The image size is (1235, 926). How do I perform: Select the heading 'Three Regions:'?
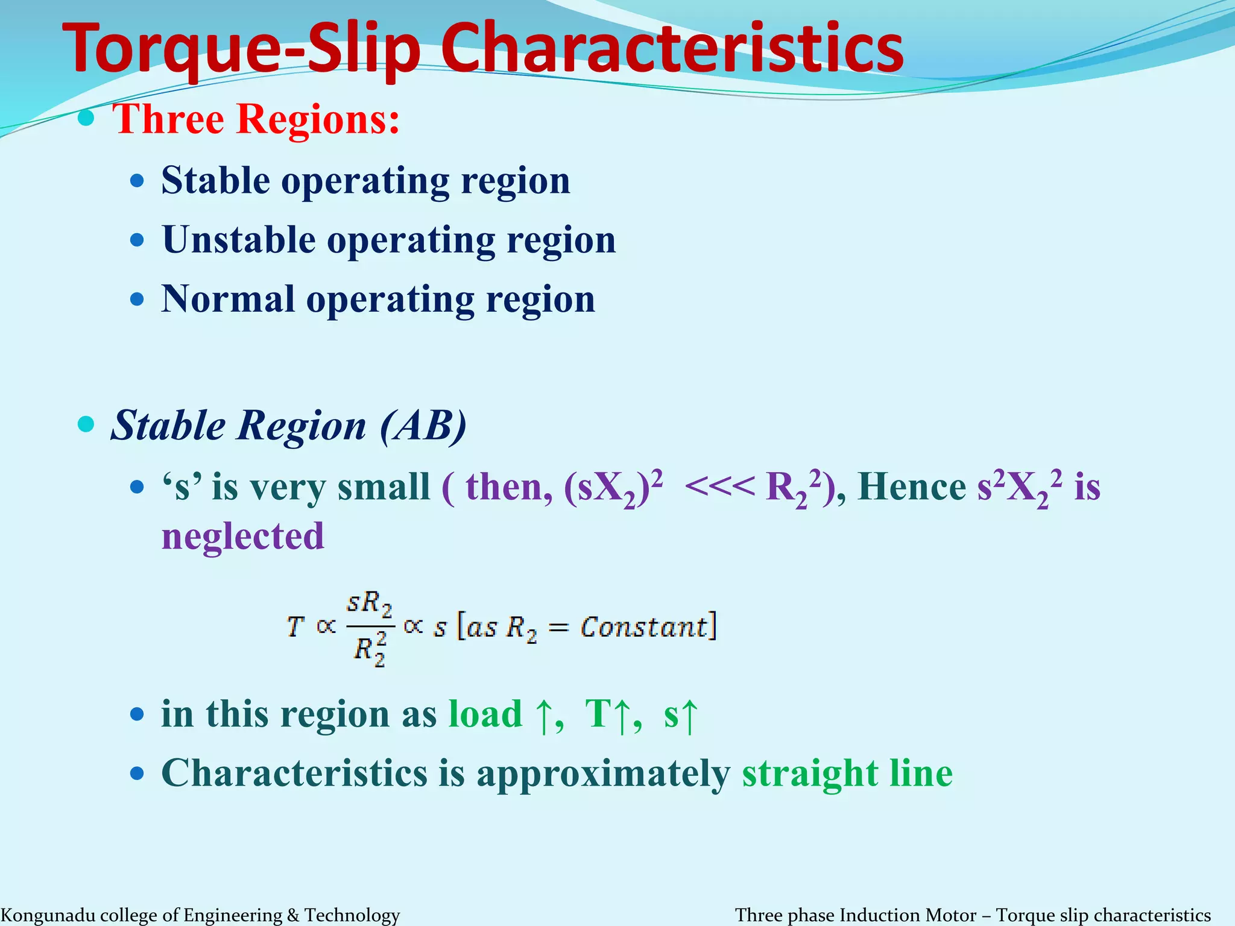[256, 119]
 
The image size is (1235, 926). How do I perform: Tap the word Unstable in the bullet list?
[239, 241]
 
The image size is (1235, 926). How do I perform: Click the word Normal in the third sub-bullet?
[228, 300]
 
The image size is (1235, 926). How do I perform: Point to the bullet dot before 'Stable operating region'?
[137, 181]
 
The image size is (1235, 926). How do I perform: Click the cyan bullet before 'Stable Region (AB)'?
[87, 424]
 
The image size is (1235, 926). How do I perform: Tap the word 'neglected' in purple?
[242, 536]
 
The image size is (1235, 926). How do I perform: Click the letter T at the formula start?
[294, 627]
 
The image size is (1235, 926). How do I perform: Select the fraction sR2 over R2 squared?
[370, 628]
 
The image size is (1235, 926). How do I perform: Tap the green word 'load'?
[485, 714]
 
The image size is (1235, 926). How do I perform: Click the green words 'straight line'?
[847, 773]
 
